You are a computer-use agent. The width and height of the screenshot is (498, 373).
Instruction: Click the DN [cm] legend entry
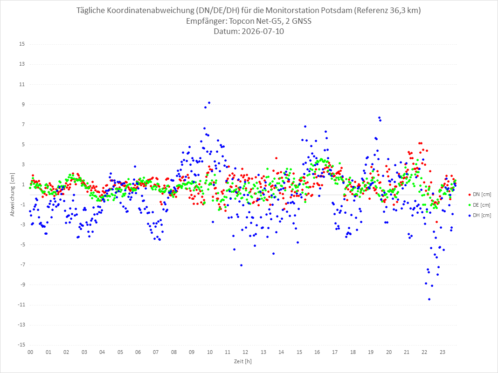tap(479, 195)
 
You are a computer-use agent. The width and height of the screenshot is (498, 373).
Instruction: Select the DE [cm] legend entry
tap(479, 205)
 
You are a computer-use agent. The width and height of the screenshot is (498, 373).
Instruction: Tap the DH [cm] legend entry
tap(479, 215)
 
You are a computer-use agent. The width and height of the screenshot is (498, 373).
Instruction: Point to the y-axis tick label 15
tap(22, 44)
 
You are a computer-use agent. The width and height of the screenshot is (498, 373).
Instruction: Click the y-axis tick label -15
tap(21, 345)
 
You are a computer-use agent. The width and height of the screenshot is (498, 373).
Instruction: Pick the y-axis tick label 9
tap(23, 104)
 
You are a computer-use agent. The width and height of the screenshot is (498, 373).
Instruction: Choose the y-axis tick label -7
tap(22, 264)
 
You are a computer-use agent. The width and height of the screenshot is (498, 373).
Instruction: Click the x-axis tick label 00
tap(30, 352)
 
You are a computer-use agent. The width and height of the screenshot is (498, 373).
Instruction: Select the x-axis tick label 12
tap(246, 352)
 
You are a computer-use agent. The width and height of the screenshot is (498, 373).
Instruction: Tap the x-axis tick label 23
tap(443, 352)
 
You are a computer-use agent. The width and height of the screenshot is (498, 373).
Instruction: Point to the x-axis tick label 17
tap(335, 352)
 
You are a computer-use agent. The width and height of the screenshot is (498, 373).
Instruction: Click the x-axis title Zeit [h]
tap(242, 361)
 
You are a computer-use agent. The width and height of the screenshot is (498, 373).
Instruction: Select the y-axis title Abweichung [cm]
tap(13, 195)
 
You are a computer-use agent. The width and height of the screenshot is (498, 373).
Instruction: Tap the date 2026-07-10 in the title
tap(263, 31)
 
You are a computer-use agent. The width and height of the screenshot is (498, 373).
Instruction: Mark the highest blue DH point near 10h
tap(209, 103)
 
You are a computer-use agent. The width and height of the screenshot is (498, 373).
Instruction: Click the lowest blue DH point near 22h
tap(429, 299)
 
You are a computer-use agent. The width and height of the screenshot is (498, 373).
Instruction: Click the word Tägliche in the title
tap(90, 10)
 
